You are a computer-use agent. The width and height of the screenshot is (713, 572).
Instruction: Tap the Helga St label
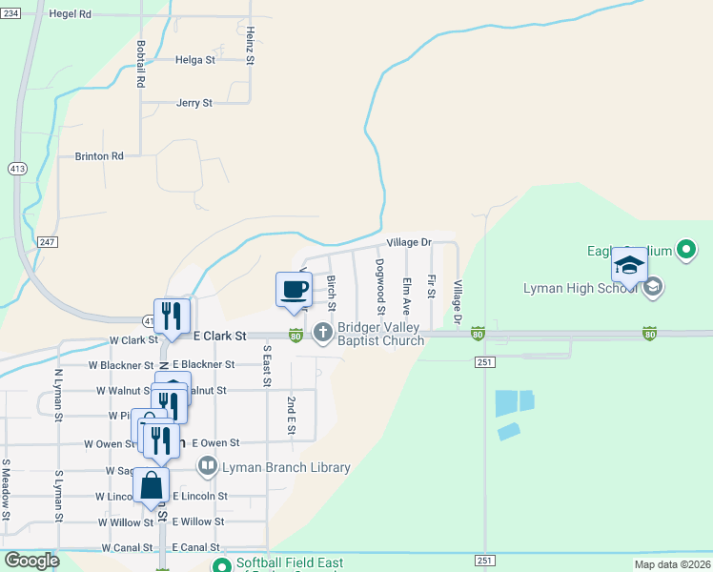pyautogui.click(x=195, y=59)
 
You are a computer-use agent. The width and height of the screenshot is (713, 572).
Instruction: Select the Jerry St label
pyautogui.click(x=194, y=103)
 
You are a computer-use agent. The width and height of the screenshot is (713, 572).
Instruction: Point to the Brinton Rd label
pyautogui.click(x=99, y=156)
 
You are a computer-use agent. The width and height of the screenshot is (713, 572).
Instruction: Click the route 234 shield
pyautogui.click(x=9, y=14)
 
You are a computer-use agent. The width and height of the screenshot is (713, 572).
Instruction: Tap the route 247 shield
pyautogui.click(x=48, y=242)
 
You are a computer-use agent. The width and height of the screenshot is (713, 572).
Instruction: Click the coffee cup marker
pyautogui.click(x=294, y=288)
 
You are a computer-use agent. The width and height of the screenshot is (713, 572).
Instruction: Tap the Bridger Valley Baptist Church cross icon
pyautogui.click(x=322, y=333)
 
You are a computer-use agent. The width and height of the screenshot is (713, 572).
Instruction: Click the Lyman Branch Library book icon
pyautogui.click(x=207, y=467)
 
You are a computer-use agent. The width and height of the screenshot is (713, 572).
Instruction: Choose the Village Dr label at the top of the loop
pyautogui.click(x=409, y=243)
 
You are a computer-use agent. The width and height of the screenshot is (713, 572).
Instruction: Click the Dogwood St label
pyautogui.click(x=380, y=287)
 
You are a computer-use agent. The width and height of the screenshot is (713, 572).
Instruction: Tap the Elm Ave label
pyautogui.click(x=406, y=296)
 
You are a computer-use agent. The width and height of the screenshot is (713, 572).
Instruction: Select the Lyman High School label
pyautogui.click(x=580, y=288)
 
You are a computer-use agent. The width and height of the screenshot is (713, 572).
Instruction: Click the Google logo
pyautogui.click(x=32, y=561)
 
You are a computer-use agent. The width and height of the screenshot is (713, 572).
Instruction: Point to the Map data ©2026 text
pyautogui.click(x=672, y=564)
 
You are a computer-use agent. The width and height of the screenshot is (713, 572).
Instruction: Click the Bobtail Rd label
pyautogui.click(x=141, y=64)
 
